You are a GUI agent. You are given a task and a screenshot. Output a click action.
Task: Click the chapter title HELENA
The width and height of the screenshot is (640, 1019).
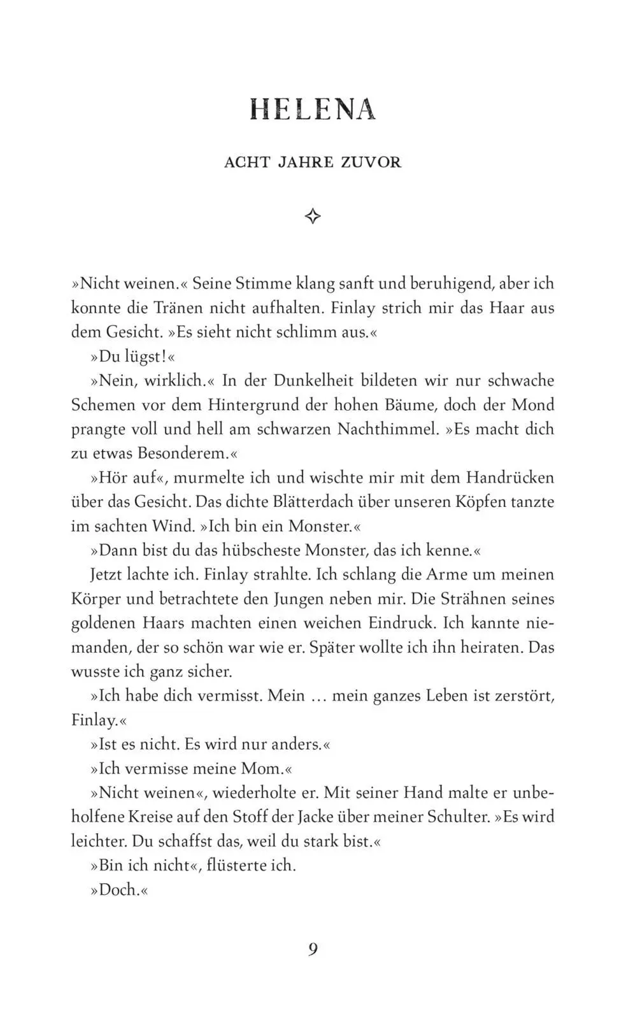pyautogui.click(x=313, y=110)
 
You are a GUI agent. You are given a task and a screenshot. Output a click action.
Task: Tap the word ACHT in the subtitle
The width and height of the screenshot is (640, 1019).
pyautogui.click(x=246, y=162)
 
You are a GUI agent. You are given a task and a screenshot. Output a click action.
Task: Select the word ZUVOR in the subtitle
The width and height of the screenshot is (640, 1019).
pyautogui.click(x=371, y=162)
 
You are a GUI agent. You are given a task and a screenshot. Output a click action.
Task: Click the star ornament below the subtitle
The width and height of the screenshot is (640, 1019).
pyautogui.click(x=313, y=217)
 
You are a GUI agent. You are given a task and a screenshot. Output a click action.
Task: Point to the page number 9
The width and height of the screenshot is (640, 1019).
pyautogui.click(x=313, y=949)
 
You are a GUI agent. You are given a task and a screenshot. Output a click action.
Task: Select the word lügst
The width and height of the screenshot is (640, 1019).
pyautogui.click(x=145, y=357)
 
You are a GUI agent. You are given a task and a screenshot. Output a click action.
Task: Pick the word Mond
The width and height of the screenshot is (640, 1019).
pyautogui.click(x=533, y=405)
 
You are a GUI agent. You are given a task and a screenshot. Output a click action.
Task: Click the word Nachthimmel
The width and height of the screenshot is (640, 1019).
pyautogui.click(x=388, y=429)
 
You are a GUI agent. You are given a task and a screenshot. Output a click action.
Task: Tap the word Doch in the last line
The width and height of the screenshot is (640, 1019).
pyautogui.click(x=118, y=889)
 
